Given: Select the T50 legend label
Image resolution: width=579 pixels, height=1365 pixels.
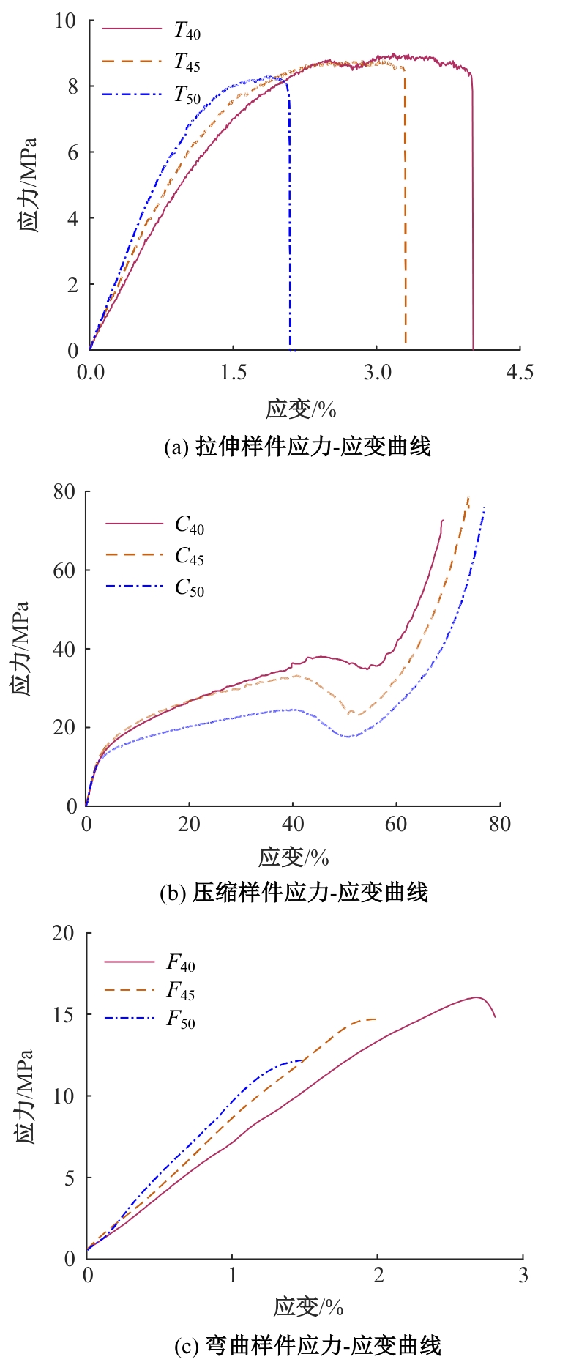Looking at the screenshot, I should click(x=187, y=95).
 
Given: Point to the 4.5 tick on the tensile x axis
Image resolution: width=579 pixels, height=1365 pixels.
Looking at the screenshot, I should click(x=519, y=372).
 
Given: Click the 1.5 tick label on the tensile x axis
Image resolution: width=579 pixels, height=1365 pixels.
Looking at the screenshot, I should click(x=234, y=372).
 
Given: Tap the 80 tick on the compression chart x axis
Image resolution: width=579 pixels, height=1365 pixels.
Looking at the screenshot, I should click(x=499, y=824).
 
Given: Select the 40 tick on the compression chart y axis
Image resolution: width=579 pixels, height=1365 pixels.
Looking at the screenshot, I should click(x=64, y=650).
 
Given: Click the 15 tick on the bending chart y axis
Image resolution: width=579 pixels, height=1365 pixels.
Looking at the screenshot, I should click(x=64, y=1015).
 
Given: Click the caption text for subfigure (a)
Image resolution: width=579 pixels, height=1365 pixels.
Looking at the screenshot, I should click(x=297, y=446).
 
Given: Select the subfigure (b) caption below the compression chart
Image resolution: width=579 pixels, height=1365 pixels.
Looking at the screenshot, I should click(x=294, y=893).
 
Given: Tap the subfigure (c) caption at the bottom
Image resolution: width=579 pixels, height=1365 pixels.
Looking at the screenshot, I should click(x=307, y=1345).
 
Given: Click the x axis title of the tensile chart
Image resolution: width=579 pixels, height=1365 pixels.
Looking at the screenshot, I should click(x=301, y=409).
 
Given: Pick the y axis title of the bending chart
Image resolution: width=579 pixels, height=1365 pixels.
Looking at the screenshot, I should click(x=23, y=1096).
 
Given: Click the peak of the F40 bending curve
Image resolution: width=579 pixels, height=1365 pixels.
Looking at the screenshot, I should click(x=476, y=997).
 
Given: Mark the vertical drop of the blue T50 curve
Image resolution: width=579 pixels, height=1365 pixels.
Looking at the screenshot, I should click(x=290, y=220).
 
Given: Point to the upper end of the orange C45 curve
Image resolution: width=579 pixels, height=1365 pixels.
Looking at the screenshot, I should click(x=468, y=498).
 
